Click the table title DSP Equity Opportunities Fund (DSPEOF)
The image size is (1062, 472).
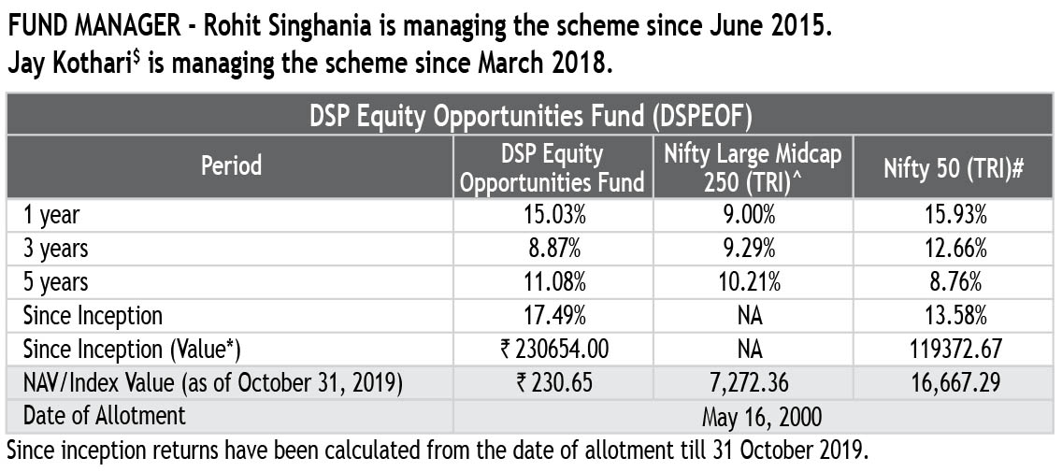(x=531, y=117)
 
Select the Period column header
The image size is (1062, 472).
(x=231, y=166)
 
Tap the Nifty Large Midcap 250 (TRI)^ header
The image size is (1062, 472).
(x=753, y=166)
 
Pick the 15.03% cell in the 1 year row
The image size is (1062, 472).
(x=554, y=215)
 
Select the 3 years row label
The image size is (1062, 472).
(x=56, y=248)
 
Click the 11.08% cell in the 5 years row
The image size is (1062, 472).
(x=554, y=281)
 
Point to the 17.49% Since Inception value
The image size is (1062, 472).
(x=554, y=315)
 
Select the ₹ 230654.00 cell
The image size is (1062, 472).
(x=554, y=349)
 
